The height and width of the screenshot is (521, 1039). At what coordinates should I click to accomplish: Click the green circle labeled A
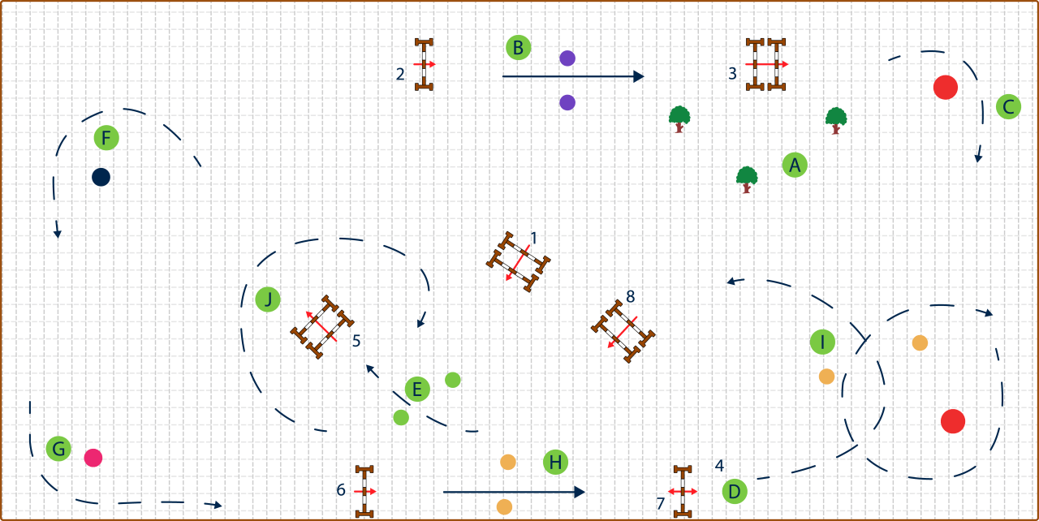795,165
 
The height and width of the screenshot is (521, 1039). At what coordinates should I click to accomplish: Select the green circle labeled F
106,138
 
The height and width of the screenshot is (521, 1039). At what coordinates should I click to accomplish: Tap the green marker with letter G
58,448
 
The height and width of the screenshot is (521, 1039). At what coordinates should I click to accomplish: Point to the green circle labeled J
268,299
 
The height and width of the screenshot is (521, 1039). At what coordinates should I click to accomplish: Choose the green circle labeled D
735,491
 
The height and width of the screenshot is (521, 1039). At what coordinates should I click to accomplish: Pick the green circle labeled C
1008,106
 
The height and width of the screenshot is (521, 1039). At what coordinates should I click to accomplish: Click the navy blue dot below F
101,177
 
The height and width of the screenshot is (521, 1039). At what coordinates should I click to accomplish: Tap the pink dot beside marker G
93,458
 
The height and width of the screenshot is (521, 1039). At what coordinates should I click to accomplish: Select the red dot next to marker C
946,87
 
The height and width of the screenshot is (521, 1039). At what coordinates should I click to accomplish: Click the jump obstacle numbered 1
519,261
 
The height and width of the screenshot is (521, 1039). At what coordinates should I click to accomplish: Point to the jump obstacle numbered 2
424,64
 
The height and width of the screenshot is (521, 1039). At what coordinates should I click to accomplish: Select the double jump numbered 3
766,64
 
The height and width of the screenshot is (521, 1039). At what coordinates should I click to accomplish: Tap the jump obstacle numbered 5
322,327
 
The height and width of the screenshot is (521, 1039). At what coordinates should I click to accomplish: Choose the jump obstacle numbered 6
364,491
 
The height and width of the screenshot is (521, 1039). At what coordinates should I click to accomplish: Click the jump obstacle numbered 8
623,331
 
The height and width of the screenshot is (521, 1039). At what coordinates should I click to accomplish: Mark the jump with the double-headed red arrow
683,491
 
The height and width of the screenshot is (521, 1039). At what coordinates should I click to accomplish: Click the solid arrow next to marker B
573,76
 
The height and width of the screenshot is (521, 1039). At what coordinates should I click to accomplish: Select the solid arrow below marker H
514,492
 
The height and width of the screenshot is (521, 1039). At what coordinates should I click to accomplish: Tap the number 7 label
661,504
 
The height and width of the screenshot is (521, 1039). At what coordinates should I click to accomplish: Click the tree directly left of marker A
747,179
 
